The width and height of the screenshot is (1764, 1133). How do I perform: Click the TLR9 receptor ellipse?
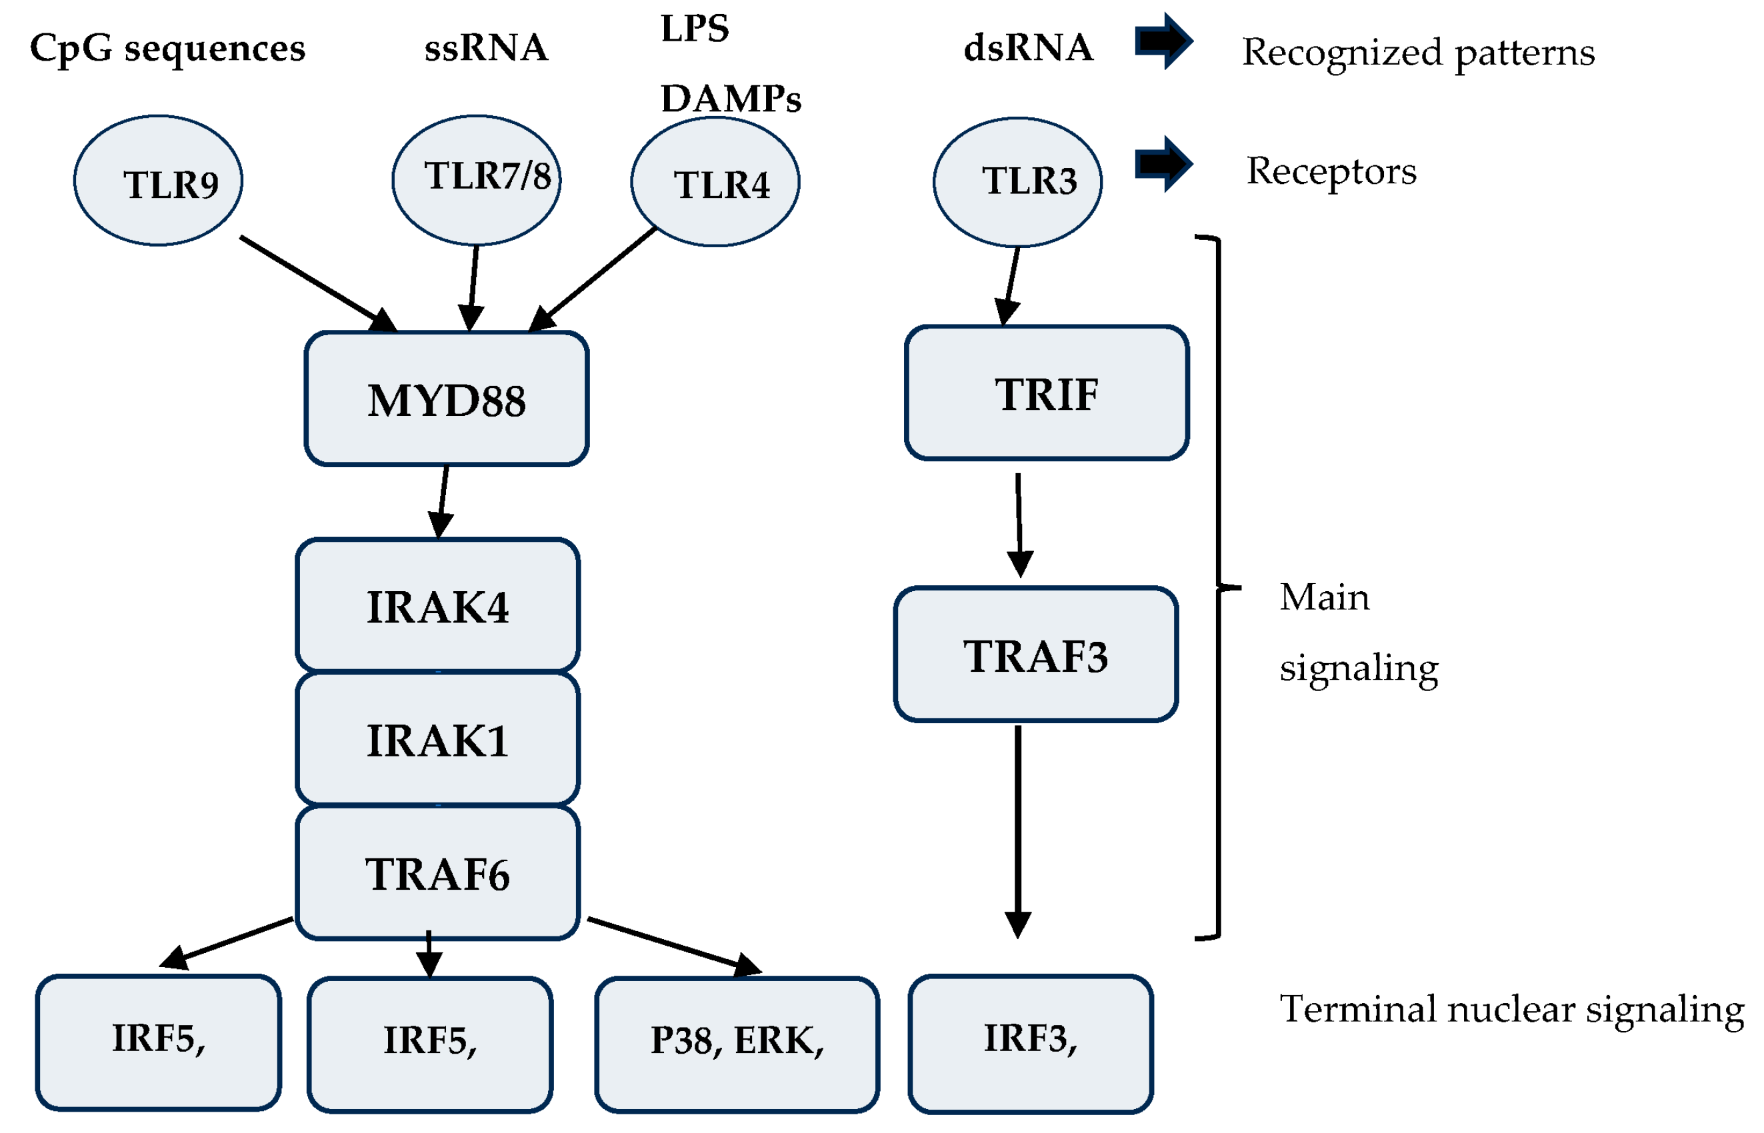(x=157, y=180)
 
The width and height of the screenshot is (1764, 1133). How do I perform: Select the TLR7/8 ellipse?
(x=476, y=179)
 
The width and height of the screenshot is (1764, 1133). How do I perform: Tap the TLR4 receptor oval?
(x=715, y=182)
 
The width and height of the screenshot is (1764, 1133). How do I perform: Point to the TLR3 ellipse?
(x=1017, y=182)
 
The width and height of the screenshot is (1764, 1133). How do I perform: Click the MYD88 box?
(x=446, y=398)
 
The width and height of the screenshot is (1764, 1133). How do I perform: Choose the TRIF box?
(x=1046, y=393)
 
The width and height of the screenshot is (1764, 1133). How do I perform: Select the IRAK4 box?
(x=437, y=606)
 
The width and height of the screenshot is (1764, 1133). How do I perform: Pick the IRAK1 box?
(x=437, y=738)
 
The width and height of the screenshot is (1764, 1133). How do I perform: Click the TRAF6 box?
(x=437, y=872)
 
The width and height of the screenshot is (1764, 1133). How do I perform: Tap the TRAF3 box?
(x=1035, y=654)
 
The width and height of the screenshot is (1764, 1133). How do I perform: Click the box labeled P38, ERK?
(x=737, y=1043)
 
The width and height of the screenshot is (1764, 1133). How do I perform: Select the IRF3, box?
(x=1029, y=1042)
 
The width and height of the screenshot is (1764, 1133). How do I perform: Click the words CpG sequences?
(x=167, y=49)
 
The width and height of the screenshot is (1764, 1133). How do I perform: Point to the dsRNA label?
(x=1027, y=48)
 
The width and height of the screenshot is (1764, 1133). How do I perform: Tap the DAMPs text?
(x=730, y=99)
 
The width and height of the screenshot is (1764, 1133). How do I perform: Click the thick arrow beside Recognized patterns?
(x=1162, y=41)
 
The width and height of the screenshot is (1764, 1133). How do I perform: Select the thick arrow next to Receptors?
(x=1162, y=164)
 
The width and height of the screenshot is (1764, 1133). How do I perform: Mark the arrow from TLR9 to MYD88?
(x=317, y=283)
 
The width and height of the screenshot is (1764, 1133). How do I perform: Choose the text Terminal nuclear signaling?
(x=1510, y=1008)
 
